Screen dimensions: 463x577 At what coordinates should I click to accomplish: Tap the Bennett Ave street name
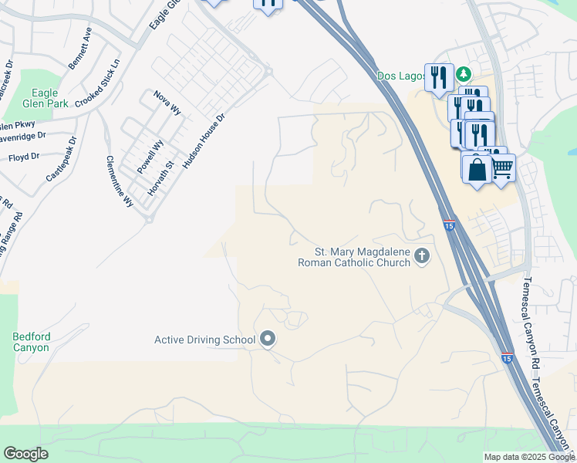point(80,49)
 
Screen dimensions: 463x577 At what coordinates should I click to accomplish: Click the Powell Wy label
point(150,156)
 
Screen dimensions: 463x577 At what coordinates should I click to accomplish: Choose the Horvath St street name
point(158,178)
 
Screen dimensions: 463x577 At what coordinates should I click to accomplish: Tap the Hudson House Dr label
point(204,140)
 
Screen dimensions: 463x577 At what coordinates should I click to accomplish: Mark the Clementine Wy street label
point(120,181)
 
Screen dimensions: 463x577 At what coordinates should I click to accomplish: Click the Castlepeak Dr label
point(62,160)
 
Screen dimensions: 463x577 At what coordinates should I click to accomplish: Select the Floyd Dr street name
point(24,157)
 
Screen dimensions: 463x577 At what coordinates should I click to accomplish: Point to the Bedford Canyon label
point(31,342)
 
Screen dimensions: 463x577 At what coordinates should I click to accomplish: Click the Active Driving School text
point(204,340)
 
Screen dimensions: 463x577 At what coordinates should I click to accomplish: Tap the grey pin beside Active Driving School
point(268,338)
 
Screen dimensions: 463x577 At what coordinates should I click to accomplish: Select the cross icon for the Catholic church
point(422,256)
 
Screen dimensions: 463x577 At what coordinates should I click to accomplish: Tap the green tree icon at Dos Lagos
point(464,75)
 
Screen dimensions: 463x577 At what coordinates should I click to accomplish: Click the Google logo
point(25,454)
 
